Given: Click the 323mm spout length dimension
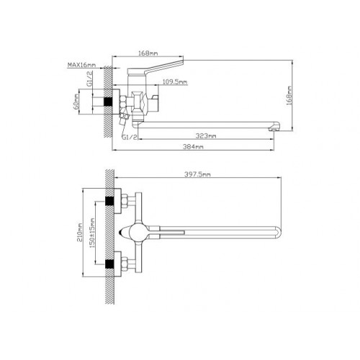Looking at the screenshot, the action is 206,136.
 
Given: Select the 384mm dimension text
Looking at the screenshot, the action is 193,146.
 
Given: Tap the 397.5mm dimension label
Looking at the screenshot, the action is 197,174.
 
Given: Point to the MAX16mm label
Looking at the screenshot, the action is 81,65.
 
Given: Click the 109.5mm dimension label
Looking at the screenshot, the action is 175,82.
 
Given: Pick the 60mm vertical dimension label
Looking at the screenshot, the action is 76,102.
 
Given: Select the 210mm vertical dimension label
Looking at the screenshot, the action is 80,233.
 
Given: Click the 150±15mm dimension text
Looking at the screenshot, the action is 93,233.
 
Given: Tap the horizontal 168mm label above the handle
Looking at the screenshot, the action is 148,53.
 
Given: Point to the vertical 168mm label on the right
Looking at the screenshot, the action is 289,95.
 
